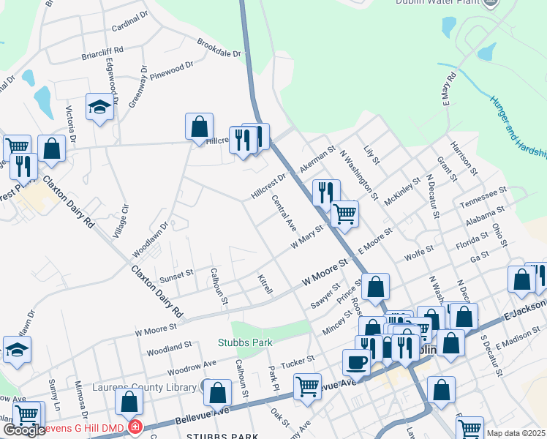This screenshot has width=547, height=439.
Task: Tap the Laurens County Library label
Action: click(x=146, y=387)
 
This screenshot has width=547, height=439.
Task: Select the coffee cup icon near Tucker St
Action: click(x=356, y=361)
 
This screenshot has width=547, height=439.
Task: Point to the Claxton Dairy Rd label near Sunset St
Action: click(x=156, y=291)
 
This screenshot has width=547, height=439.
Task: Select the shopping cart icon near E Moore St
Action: click(x=344, y=214)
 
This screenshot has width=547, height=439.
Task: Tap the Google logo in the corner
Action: click(x=23, y=430)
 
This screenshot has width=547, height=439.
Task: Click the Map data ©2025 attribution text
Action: click(x=516, y=433)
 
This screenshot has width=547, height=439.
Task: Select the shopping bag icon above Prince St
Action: click(x=375, y=288)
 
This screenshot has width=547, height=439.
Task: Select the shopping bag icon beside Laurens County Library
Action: click(x=217, y=393)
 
